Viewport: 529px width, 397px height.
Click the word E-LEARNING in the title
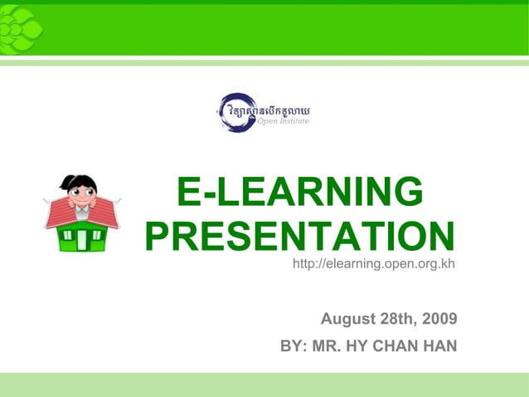click(x=299, y=194)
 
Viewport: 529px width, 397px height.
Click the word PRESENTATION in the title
click(x=299, y=238)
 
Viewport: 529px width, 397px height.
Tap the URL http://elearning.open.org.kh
click(x=374, y=264)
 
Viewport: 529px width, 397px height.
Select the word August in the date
click(x=352, y=319)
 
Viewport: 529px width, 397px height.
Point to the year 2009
click(x=439, y=319)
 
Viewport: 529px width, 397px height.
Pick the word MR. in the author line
click(x=328, y=345)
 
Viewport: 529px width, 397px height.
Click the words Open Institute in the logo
click(x=283, y=122)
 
